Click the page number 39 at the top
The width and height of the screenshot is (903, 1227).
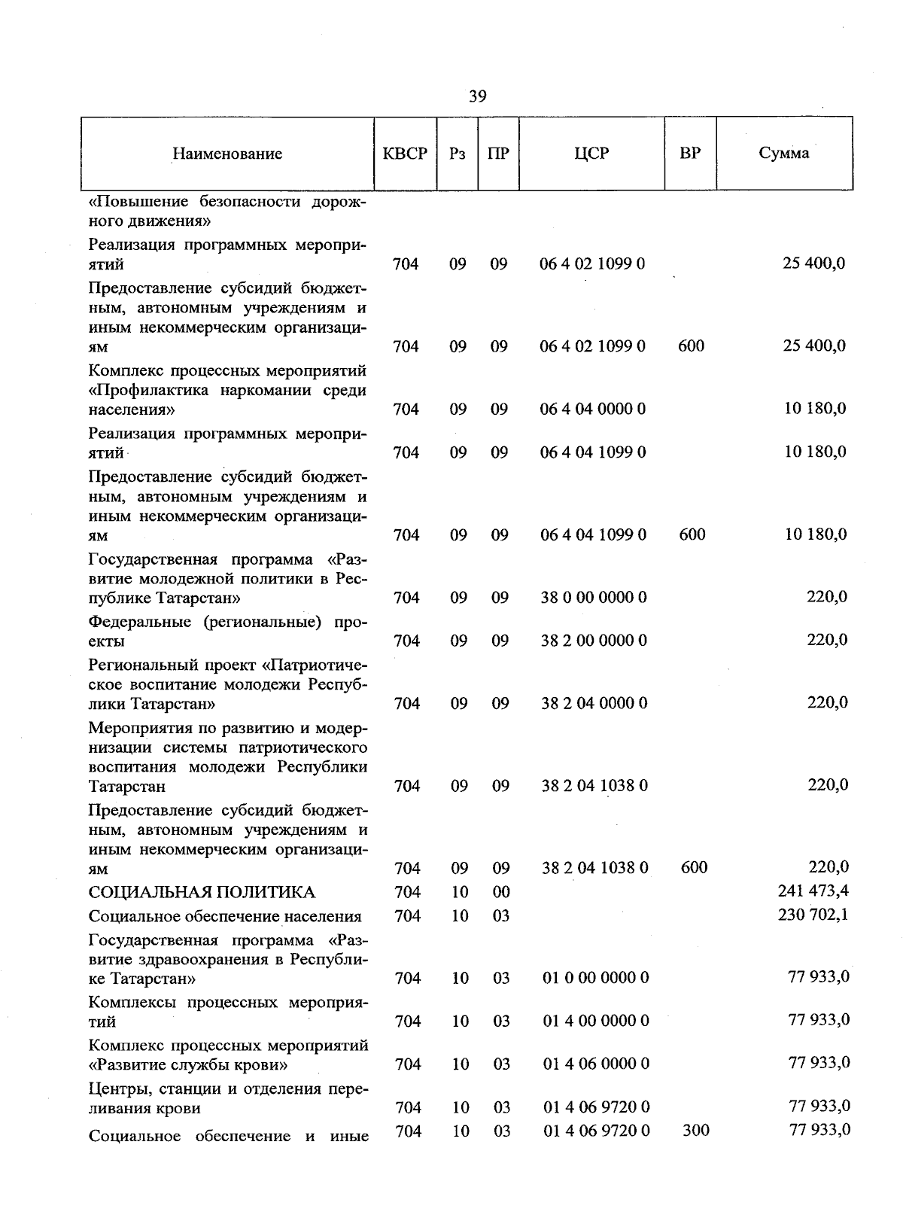[x=477, y=96]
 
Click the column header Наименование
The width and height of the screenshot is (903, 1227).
[x=227, y=154]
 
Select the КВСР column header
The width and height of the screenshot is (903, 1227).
[x=405, y=154]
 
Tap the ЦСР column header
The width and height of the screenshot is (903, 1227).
[x=591, y=154]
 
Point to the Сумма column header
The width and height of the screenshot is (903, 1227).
[x=783, y=154]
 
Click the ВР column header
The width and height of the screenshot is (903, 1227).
[x=689, y=154]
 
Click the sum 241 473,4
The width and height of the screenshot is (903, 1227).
[x=813, y=891]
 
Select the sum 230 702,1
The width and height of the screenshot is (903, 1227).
[x=813, y=915]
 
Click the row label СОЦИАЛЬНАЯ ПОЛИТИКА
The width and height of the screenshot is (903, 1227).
[x=202, y=893]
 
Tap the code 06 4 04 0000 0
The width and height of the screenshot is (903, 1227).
[x=593, y=409]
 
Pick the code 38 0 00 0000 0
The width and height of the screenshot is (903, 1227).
[x=594, y=598]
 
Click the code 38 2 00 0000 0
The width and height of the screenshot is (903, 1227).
[x=594, y=641]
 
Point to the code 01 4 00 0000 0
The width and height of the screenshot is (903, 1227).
[x=595, y=1021]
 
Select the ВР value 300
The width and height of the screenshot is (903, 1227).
[x=695, y=1131]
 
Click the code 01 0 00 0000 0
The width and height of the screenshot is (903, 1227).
[x=595, y=979]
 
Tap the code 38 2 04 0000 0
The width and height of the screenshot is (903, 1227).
[x=594, y=704]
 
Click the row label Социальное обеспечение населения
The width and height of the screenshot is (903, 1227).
[x=225, y=917]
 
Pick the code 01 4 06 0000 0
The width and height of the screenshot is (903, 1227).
[x=595, y=1064]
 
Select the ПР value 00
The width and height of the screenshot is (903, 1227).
[x=501, y=893]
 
